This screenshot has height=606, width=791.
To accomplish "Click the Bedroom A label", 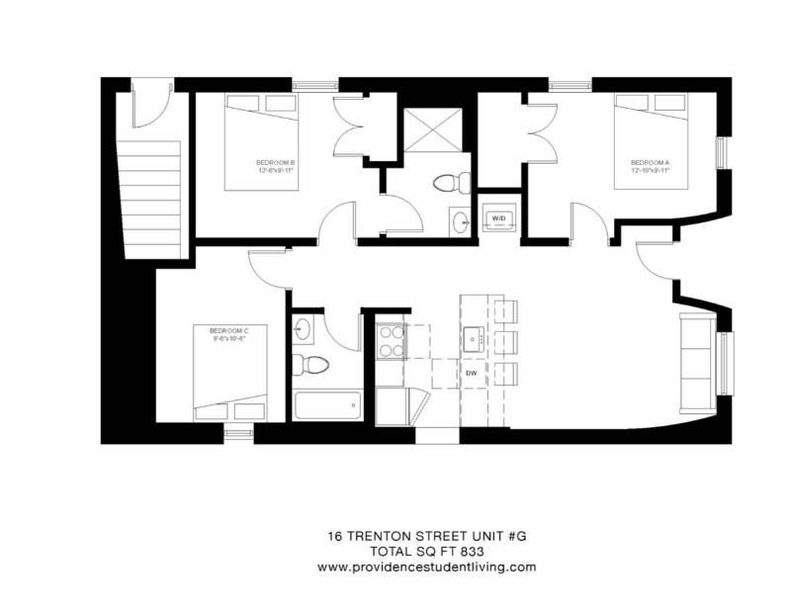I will click(x=650, y=165).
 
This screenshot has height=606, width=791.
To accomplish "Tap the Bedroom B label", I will click(x=276, y=165).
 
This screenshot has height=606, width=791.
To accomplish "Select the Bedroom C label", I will click(x=227, y=332).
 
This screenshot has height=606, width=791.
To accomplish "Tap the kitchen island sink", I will click(x=474, y=338).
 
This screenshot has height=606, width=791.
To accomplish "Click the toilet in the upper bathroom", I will click(x=450, y=183).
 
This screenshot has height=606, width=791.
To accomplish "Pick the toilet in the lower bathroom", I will click(x=310, y=364).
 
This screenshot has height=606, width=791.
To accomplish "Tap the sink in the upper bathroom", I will click(x=461, y=221).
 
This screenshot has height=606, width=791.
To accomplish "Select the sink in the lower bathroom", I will click(x=304, y=326).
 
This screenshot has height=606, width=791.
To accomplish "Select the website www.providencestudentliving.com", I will click(x=426, y=566).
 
